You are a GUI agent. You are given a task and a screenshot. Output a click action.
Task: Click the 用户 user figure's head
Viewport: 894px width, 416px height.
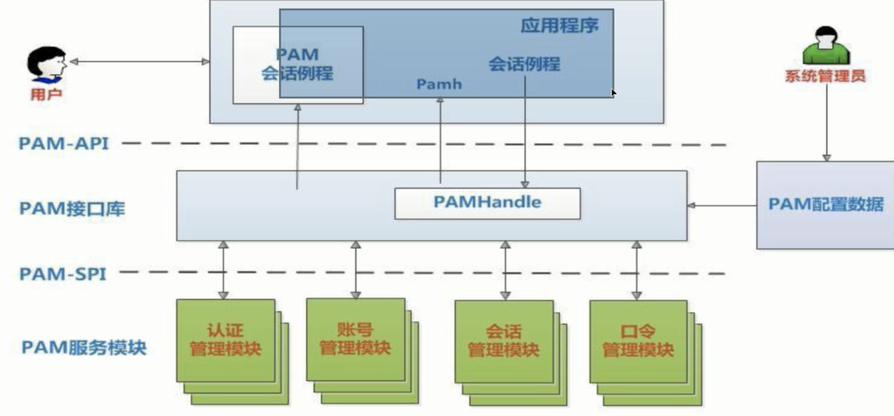tap(47, 63)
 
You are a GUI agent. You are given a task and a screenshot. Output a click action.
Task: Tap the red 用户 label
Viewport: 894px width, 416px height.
tap(46, 95)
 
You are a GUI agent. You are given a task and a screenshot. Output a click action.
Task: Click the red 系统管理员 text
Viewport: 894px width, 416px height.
tap(825, 76)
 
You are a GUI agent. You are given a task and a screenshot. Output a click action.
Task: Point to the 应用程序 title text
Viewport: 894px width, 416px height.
tap(559, 26)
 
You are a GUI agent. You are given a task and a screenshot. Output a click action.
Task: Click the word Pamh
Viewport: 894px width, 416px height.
tap(439, 84)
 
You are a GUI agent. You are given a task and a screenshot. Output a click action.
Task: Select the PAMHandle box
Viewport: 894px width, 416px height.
tap(487, 203)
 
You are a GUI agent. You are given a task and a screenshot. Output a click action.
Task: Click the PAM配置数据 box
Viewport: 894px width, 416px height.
tap(825, 205)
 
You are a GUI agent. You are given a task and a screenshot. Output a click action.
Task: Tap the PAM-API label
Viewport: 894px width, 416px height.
tap(63, 143)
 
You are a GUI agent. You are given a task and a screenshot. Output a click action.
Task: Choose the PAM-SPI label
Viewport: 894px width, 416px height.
tap(63, 274)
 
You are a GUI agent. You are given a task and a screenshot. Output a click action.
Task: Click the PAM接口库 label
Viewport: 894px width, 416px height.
tap(72, 208)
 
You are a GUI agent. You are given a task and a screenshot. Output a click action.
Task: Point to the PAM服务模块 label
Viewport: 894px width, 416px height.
tap(84, 348)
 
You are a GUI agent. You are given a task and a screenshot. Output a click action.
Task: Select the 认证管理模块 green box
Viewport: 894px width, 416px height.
tap(225, 340)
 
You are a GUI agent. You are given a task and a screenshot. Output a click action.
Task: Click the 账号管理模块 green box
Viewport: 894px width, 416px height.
tap(355, 339)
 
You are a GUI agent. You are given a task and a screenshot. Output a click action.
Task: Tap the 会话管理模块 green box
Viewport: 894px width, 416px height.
tap(504, 341)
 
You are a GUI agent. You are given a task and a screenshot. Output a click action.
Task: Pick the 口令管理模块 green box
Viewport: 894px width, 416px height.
tap(638, 341)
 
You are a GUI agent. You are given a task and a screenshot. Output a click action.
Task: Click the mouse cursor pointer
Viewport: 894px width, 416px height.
tap(614, 93)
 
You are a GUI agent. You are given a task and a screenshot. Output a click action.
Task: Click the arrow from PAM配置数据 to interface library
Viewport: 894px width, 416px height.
tap(722, 205)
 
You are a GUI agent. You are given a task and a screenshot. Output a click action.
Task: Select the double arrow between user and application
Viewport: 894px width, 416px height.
tap(139, 61)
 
